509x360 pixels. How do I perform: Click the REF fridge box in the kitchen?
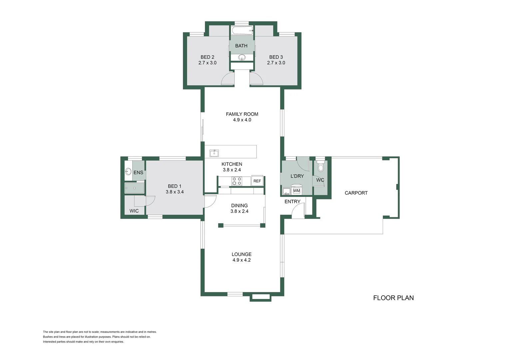tap(257, 181)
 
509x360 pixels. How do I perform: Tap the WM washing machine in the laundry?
tap(296, 191)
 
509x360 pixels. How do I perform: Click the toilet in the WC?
tap(320, 167)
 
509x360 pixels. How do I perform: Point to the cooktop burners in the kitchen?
tap(237, 181)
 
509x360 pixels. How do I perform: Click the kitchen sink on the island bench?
tap(214, 153)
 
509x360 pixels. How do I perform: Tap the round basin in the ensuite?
tap(128, 172)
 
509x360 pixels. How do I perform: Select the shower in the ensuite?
tap(135, 188)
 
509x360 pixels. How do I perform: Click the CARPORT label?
tap(356, 193)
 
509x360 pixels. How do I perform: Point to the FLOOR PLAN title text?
tap(393, 298)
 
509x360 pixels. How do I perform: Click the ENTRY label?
tap(292, 202)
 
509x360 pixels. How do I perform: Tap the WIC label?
tap(134, 211)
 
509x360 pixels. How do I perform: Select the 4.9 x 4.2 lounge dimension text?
tap(242, 260)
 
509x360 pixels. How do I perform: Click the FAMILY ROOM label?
tap(242, 114)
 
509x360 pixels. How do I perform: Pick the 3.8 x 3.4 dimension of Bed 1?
tap(175, 192)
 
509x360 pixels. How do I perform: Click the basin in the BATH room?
tap(242, 58)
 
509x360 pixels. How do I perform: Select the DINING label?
tap(239, 206)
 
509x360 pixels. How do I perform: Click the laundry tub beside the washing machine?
tap(286, 191)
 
